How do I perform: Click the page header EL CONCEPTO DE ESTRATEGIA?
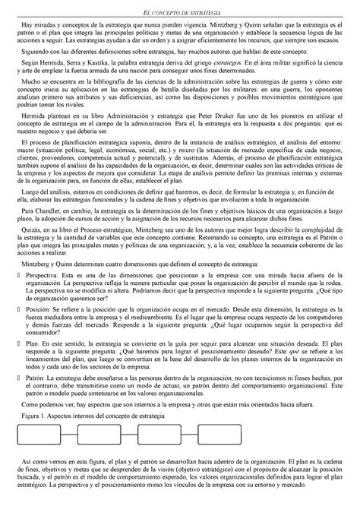(180, 7)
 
